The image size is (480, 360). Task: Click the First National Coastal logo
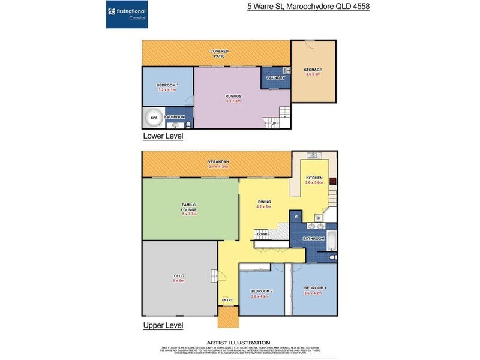[128, 14]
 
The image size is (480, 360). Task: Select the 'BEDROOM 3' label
[166, 85]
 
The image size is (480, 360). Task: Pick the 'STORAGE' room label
[313, 70]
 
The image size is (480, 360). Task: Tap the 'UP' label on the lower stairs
[274, 124]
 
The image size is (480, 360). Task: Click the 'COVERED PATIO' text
[219, 54]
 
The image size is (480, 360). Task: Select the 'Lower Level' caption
[163, 136]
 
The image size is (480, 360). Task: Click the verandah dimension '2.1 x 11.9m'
[218, 166]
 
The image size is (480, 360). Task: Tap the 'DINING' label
[265, 202]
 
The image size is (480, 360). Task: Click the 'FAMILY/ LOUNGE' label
[190, 207]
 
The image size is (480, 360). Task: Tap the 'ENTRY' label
[227, 300]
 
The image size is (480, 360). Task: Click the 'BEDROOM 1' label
[315, 289]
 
